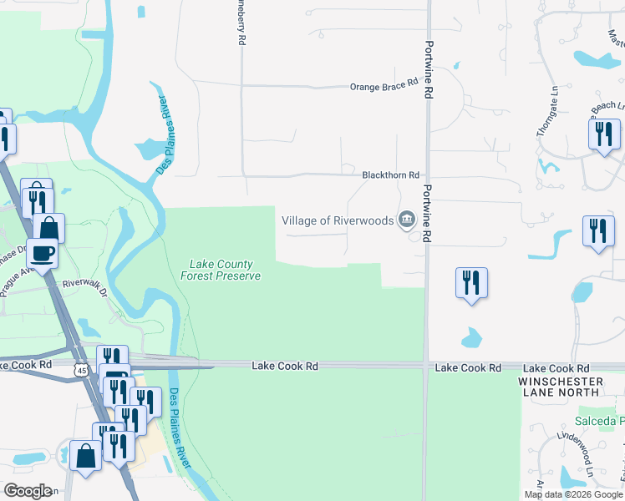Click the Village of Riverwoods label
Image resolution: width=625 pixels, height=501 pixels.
coord(337,220)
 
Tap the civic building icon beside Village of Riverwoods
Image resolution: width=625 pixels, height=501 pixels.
coord(407,220)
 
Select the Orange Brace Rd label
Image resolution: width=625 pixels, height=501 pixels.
coord(384,86)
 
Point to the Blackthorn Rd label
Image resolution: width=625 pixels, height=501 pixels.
coord(389,175)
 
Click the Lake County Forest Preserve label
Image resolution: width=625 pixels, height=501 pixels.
coord(221,270)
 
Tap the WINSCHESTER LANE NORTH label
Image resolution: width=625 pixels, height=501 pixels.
coord(560,386)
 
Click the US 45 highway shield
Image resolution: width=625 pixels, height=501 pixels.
coord(81,369)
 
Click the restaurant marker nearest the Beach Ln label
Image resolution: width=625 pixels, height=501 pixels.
coord(603,134)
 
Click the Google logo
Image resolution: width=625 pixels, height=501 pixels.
coord(27,491)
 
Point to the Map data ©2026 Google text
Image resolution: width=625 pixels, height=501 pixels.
coord(573,494)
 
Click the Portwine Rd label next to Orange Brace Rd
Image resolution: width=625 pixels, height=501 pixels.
coord(429,70)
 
